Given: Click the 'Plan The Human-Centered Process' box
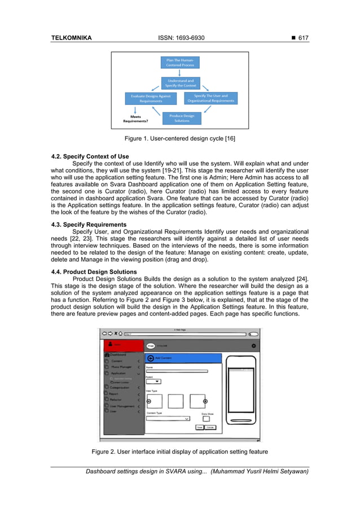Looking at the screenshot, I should (x=179, y=62).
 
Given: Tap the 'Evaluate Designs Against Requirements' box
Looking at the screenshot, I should (x=151, y=99).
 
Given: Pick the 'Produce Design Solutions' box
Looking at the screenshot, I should (x=182, y=118).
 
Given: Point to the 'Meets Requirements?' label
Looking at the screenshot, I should (x=136, y=119).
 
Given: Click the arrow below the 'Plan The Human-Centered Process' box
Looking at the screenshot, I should (x=179, y=72).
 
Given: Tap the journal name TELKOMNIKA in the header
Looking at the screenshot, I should (x=71, y=38).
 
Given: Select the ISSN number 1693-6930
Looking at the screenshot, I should (x=179, y=38).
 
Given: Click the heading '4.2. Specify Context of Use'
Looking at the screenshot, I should (x=90, y=156).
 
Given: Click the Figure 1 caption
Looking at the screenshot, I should (x=179, y=138).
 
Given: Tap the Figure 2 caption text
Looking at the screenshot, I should (x=179, y=451).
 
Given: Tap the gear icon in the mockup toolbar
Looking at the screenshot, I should (x=253, y=345).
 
